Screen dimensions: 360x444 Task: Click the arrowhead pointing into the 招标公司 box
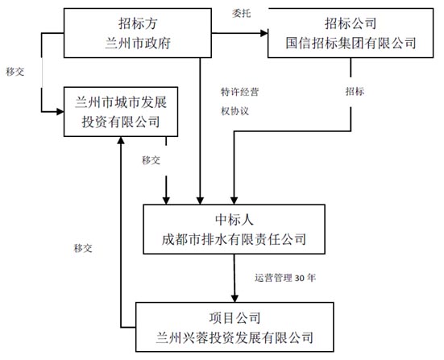point(263,33)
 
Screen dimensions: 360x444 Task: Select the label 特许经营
point(239,91)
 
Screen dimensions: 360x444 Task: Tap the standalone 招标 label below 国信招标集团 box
point(355,91)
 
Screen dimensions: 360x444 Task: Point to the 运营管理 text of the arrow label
point(275,278)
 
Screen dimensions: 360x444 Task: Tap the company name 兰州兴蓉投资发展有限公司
point(234,337)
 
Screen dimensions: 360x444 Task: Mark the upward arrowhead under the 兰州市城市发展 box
point(120,142)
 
